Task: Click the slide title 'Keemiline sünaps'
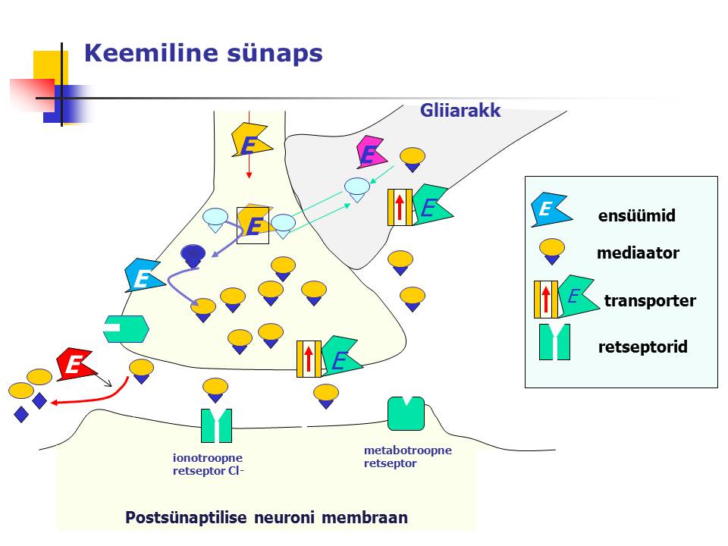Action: pyautogui.click(x=203, y=53)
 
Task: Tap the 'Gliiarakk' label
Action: pyautogui.click(x=460, y=111)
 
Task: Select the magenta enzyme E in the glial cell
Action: pyautogui.click(x=371, y=152)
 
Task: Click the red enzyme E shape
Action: pyautogui.click(x=77, y=364)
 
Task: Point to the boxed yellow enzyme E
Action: pyautogui.click(x=253, y=225)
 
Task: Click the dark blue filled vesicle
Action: pyautogui.click(x=193, y=256)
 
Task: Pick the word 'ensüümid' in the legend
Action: pyautogui.click(x=636, y=215)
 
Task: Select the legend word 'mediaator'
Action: pyautogui.click(x=638, y=253)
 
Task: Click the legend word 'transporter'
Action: pyautogui.click(x=650, y=300)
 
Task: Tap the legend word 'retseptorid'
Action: pyautogui.click(x=642, y=347)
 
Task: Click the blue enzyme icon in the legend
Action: pyautogui.click(x=551, y=210)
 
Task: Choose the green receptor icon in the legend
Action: pyautogui.click(x=554, y=342)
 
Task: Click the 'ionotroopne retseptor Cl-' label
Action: pyautogui.click(x=208, y=464)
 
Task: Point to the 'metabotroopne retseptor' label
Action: pyautogui.click(x=408, y=457)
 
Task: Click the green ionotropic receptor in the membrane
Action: pyautogui.click(x=216, y=425)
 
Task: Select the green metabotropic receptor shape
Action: pyautogui.click(x=406, y=413)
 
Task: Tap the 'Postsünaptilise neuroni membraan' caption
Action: pyautogui.click(x=266, y=517)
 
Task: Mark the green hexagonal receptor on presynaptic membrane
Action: pyautogui.click(x=126, y=329)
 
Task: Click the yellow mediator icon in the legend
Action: pyautogui.click(x=551, y=251)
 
